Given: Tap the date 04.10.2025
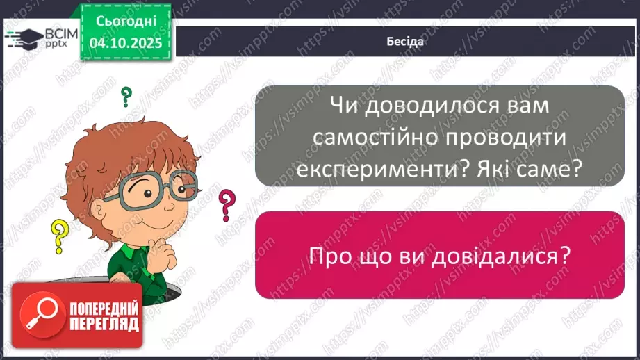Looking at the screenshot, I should [124, 42].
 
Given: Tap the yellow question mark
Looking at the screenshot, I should [61, 234].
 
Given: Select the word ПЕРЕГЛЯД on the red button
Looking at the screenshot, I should [104, 323].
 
